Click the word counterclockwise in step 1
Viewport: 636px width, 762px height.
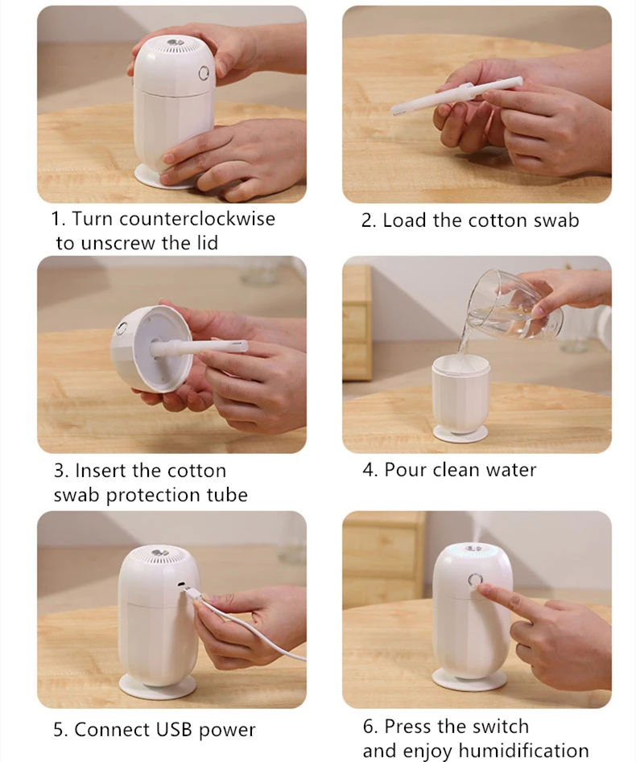coord(197,219)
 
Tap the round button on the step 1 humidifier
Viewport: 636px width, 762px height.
coord(204,74)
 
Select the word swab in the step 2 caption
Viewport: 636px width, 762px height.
coord(556,220)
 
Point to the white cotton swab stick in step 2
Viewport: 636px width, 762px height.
coord(457,97)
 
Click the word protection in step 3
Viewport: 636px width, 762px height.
coord(152,495)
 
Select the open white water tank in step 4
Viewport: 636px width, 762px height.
coord(460,393)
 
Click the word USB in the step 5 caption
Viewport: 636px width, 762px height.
coord(175,730)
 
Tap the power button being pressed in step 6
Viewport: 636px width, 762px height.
coord(474,580)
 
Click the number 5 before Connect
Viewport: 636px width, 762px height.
coord(58,730)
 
